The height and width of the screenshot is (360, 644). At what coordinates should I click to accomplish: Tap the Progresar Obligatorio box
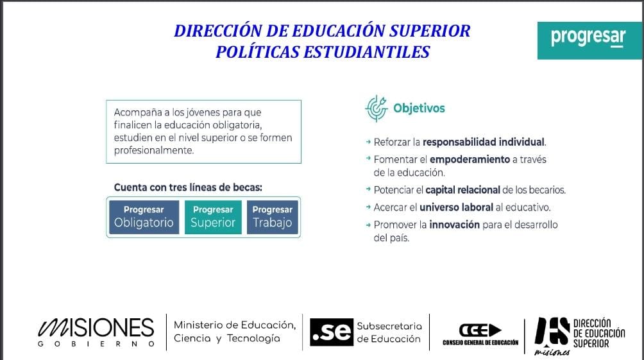144,217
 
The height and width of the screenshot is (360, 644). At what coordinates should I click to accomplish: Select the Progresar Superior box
213,217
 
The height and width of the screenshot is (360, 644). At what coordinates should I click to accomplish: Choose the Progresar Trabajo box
272,217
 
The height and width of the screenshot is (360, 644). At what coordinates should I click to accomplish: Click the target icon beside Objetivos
376,108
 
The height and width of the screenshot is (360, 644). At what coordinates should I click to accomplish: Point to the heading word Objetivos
419,108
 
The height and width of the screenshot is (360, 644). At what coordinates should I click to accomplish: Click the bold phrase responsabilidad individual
484,142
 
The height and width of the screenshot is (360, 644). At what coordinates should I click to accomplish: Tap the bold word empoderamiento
470,159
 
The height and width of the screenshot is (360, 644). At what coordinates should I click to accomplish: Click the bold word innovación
455,225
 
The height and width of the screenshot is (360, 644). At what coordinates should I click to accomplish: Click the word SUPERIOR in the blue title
427,31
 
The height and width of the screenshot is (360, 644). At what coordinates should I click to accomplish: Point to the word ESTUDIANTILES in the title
373,52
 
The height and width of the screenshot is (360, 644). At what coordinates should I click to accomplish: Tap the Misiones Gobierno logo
97,332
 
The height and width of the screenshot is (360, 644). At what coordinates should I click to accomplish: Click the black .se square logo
332,332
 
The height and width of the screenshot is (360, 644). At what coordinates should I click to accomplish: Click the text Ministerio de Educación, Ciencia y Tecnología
235,332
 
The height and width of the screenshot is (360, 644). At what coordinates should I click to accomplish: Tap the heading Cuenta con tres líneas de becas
188,187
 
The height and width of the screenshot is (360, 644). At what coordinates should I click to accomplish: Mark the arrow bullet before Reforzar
368,142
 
